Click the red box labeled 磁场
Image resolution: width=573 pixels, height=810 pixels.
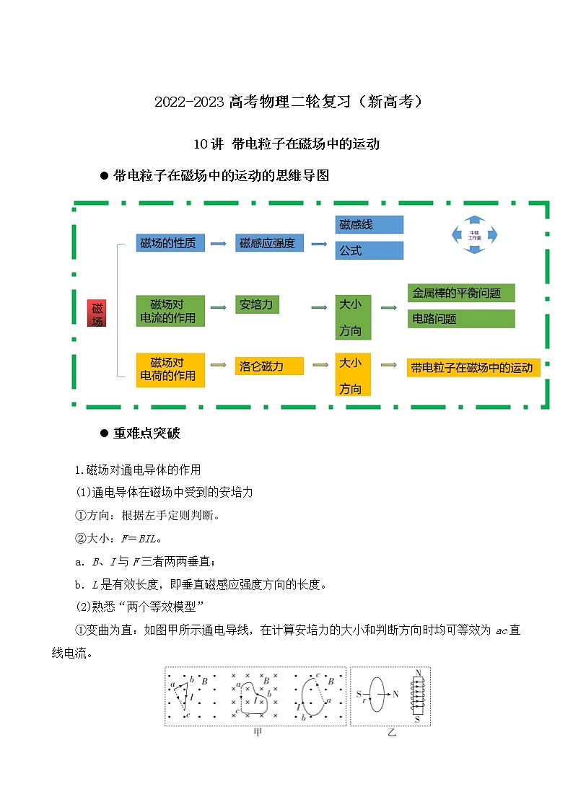(x=97, y=313)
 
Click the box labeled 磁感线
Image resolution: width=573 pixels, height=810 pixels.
(x=369, y=225)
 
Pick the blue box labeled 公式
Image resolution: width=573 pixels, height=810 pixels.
(x=369, y=251)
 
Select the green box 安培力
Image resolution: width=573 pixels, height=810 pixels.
(x=257, y=304)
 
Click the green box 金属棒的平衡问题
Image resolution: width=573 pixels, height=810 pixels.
(x=460, y=293)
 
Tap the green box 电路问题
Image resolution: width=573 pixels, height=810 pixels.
(x=460, y=319)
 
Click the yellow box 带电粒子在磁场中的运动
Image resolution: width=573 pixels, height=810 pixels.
(x=473, y=368)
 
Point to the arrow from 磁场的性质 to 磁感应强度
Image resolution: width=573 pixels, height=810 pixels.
(x=217, y=244)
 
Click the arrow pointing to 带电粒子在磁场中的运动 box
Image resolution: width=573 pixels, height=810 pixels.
(x=388, y=366)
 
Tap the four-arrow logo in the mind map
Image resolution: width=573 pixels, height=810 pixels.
(x=474, y=234)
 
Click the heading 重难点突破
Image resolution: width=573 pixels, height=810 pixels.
(x=146, y=433)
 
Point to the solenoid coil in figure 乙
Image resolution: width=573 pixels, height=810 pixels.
(x=417, y=697)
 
